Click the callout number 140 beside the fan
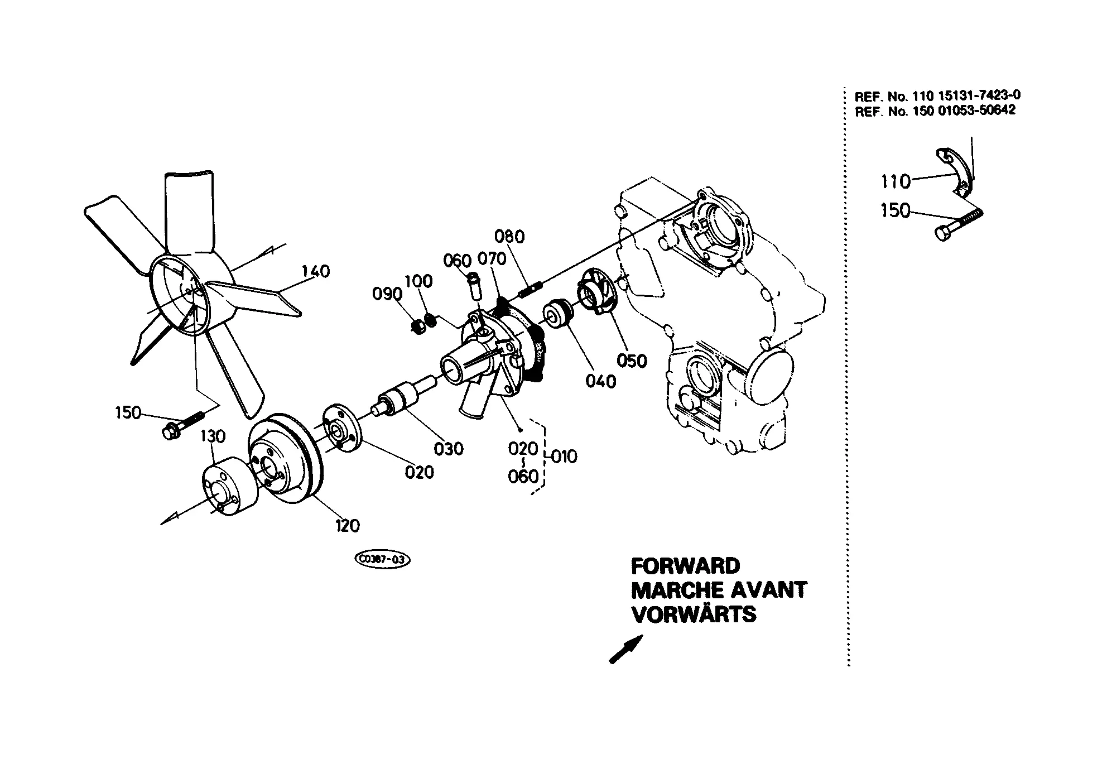(316, 272)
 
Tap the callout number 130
(213, 436)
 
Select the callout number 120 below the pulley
(347, 525)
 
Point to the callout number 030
(449, 448)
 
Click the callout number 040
(601, 381)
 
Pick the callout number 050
(632, 361)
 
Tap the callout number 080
(510, 237)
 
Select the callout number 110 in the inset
(896, 181)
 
